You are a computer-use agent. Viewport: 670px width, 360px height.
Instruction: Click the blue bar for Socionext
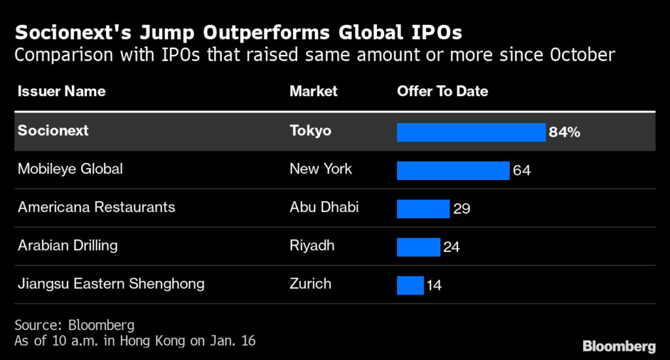471,132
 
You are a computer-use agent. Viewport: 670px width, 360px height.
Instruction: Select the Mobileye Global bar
453,170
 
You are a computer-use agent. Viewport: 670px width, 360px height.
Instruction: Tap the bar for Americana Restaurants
423,208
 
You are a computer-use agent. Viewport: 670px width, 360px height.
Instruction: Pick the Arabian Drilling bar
418,247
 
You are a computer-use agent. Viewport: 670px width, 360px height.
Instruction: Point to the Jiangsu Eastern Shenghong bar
410,285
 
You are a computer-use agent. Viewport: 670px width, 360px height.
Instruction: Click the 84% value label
565,132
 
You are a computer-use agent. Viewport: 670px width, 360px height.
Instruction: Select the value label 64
521,171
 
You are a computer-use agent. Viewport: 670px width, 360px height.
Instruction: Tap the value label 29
461,209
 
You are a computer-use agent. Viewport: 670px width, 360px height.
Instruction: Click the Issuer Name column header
62,91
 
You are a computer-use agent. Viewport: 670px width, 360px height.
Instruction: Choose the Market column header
313,91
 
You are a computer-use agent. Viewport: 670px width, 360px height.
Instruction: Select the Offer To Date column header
442,91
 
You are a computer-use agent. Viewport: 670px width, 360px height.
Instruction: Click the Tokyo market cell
310,131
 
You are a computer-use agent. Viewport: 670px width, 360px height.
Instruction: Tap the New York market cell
321,169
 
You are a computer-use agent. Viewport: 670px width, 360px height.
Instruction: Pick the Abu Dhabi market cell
324,207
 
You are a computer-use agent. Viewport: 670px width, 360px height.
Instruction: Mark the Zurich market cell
310,283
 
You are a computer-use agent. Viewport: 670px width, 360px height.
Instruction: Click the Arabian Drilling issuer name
68,245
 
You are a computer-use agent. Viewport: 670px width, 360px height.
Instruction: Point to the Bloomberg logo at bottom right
619,345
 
